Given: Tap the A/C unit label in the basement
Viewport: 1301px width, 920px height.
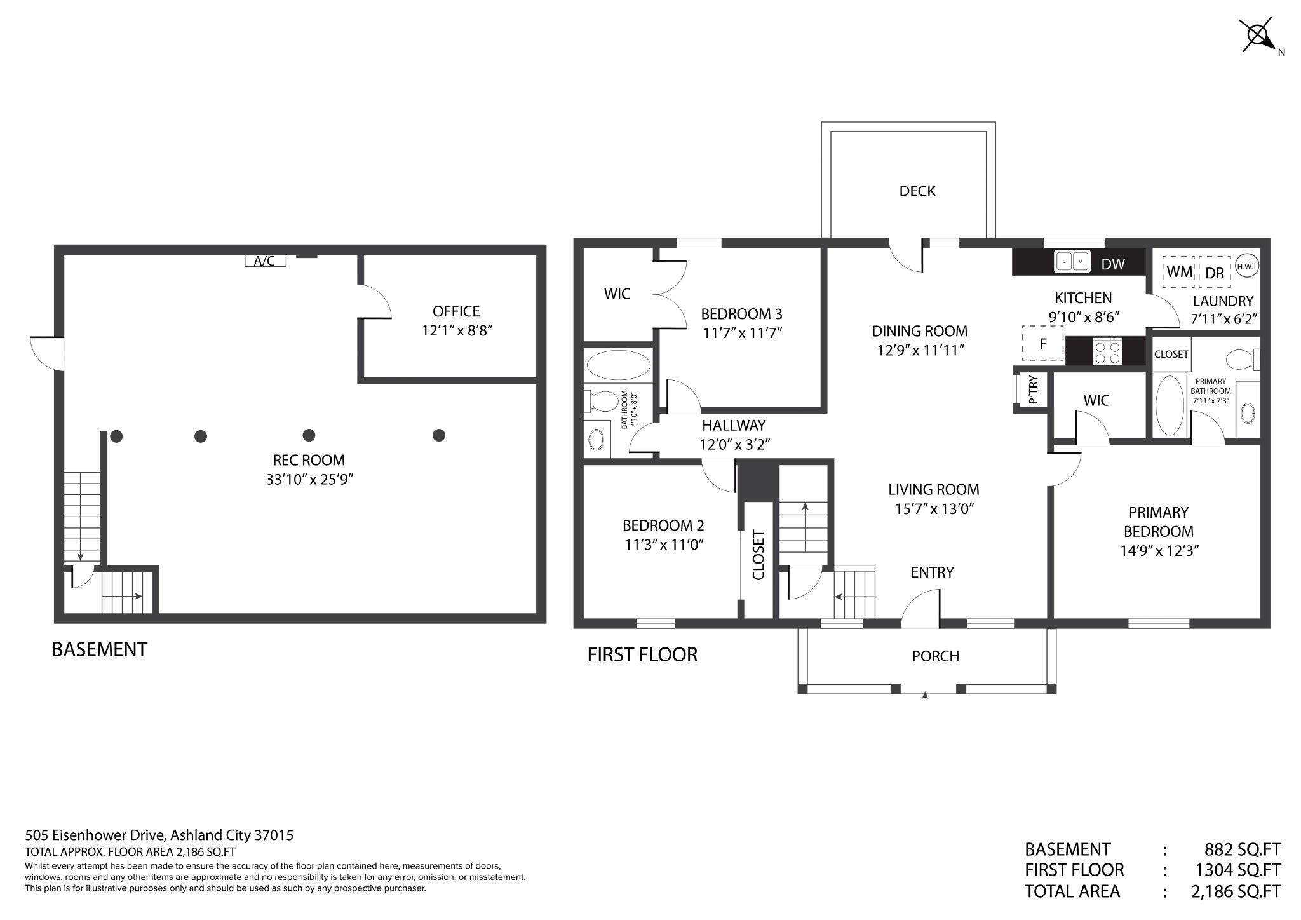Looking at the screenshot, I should tap(265, 260).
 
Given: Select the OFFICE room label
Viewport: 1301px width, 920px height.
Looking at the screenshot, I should tap(456, 311).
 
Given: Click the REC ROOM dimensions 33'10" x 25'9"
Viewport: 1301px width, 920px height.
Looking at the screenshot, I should tap(309, 479).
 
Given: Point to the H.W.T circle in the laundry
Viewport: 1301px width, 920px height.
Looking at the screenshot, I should tap(1246, 267).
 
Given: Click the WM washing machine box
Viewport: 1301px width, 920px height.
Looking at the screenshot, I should tap(1179, 272).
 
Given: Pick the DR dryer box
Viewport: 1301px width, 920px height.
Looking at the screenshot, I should tap(1214, 273).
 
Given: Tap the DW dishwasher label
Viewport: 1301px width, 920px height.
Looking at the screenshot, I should tap(1112, 264).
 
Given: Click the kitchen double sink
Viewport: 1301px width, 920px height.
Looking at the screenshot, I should tap(1072, 261).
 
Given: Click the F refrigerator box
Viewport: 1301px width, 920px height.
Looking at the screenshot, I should tap(1042, 344).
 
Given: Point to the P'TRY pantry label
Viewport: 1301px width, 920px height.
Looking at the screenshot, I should tap(1033, 390).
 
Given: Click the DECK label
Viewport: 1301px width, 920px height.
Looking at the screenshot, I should tap(917, 191).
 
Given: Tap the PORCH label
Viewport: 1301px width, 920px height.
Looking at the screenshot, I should tap(935, 656).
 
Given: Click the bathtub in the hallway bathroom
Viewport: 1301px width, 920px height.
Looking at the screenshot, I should tap(618, 366).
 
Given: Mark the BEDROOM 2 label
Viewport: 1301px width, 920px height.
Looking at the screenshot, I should tap(663, 525).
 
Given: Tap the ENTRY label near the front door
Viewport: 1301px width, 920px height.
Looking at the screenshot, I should tap(932, 572).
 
